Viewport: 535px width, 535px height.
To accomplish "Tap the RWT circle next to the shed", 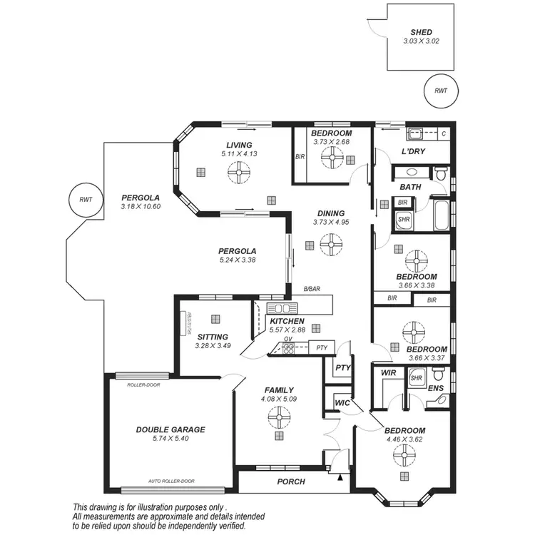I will point(440,91).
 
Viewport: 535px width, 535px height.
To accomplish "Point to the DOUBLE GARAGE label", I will point(170,429).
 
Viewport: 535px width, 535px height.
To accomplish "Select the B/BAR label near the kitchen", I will point(311,289).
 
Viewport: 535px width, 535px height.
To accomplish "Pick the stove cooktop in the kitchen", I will point(288,348).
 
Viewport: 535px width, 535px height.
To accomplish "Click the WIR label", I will point(388,372).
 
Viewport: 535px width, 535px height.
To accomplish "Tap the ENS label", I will point(434,389).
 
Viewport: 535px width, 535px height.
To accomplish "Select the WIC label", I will point(341,403).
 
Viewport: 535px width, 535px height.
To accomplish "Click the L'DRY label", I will point(413,153).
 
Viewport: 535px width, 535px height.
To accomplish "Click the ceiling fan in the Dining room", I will point(329,246).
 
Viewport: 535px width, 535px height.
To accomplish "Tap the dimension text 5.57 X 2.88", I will point(287,330).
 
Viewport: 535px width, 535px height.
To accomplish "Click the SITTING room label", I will point(212,337).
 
